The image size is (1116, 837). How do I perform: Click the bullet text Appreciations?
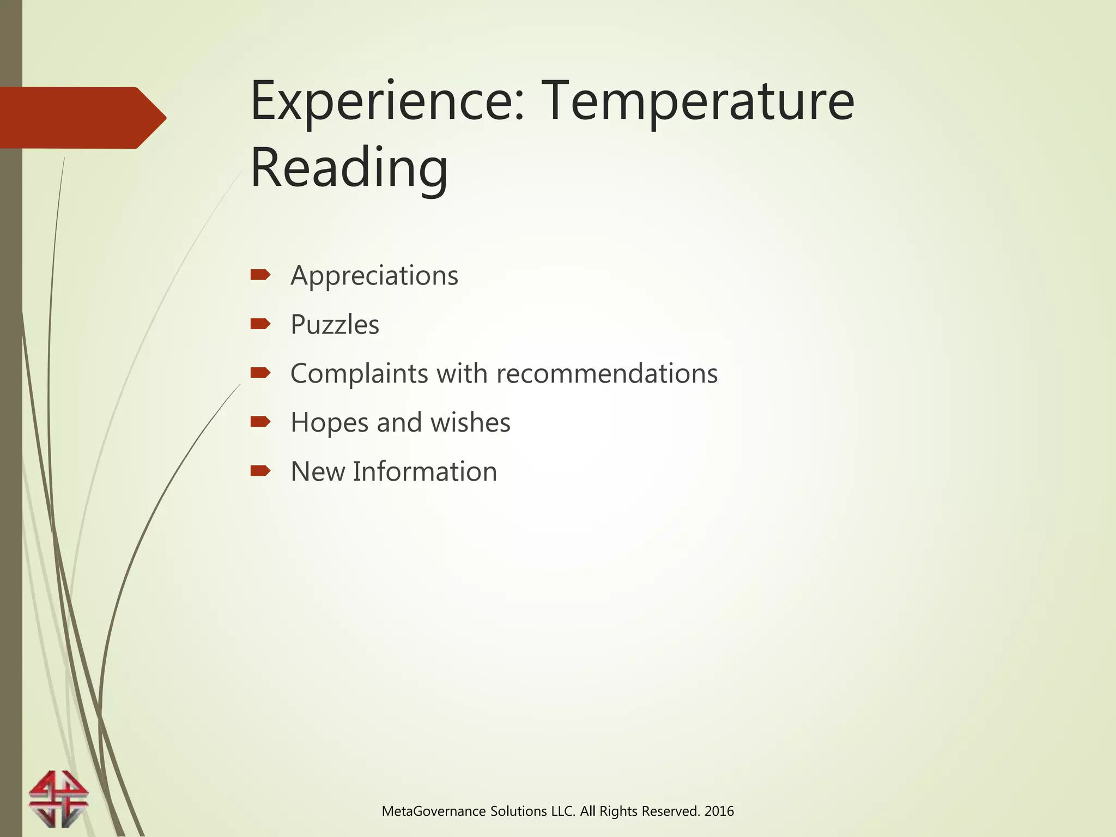point(374,276)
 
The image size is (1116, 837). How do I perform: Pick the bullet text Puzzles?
point(335,325)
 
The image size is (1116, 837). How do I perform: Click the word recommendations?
point(607,374)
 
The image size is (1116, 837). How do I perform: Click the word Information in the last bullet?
point(424,472)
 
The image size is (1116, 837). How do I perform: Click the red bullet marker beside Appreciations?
point(260,275)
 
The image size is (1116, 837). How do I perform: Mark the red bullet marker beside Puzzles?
point(260,324)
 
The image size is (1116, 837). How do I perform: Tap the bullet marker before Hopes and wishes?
point(260,421)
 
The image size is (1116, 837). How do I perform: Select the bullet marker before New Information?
point(260,470)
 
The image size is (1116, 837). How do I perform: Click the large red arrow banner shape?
point(82,118)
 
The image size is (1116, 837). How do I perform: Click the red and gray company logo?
point(58,799)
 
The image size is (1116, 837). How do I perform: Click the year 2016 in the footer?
point(719,811)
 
